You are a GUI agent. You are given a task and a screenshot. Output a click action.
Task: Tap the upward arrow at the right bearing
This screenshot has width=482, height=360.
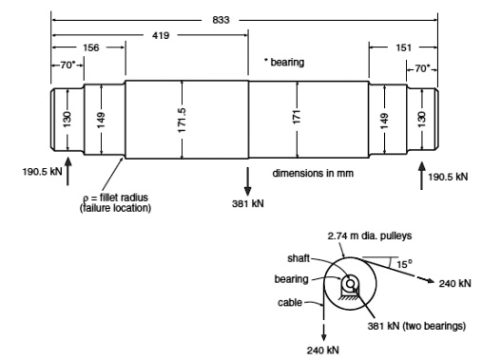pos(420,173)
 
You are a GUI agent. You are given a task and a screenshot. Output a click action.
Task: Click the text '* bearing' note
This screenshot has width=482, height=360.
pos(285,63)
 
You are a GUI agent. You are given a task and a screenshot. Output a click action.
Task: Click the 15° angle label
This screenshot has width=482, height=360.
pos(403,263)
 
